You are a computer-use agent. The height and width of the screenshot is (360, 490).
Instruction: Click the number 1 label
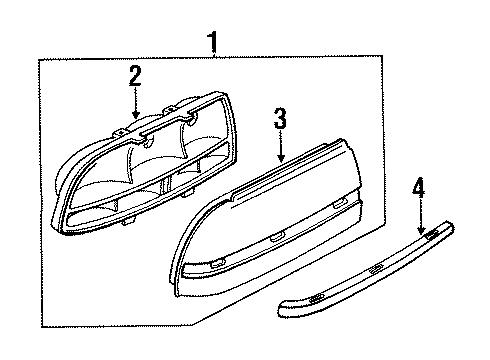[x=213, y=43]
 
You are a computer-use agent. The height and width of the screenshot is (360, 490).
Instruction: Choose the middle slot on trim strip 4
[x=374, y=271]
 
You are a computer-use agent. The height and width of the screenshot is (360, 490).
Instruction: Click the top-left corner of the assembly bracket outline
[x=39, y=63]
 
